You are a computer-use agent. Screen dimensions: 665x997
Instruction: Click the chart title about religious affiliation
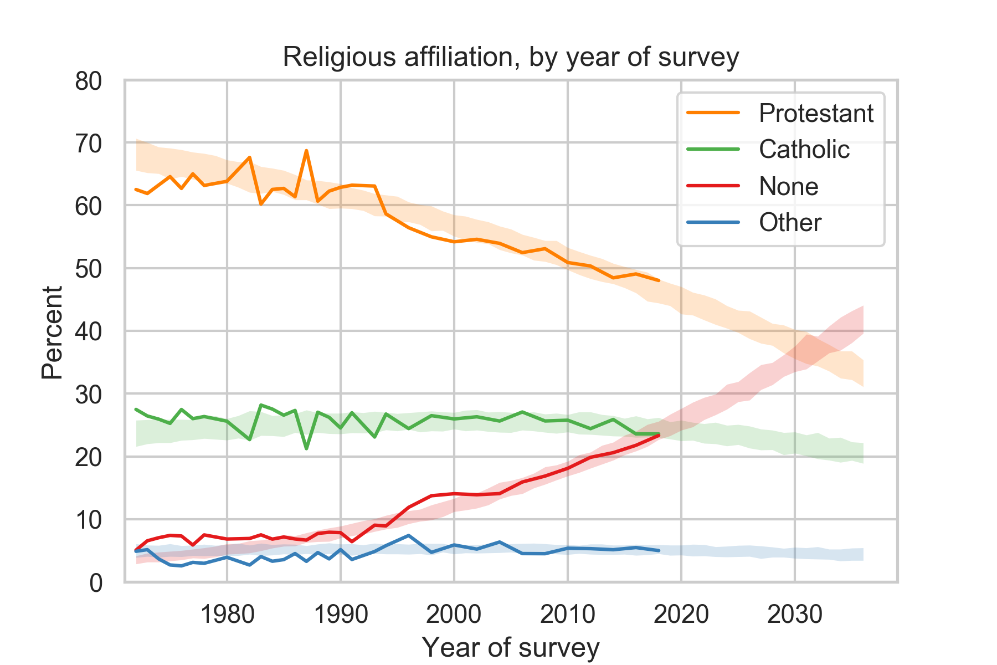click(510, 57)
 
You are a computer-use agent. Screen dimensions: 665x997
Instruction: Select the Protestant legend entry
click(815, 113)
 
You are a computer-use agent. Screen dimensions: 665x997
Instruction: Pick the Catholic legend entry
click(804, 150)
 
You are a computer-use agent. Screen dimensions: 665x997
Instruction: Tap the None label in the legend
click(788, 186)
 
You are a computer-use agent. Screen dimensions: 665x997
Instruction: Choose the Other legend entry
click(790, 223)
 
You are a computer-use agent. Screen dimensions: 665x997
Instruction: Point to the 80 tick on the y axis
click(89, 81)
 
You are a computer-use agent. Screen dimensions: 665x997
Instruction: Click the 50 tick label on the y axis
click(89, 269)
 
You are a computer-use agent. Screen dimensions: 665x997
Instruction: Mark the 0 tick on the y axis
click(96, 583)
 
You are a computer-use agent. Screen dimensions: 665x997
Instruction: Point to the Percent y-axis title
click(52, 332)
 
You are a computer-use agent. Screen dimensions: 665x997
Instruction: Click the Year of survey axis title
click(510, 647)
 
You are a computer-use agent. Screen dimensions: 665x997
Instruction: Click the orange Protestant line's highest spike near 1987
click(306, 150)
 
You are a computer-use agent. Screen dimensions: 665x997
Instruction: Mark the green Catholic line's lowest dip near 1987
click(306, 448)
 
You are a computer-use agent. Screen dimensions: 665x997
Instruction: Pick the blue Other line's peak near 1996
click(408, 535)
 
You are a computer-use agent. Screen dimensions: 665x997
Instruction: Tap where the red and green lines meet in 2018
click(658, 435)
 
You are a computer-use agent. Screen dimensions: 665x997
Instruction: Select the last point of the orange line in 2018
click(659, 280)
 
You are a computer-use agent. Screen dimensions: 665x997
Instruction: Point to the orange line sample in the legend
click(713, 113)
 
